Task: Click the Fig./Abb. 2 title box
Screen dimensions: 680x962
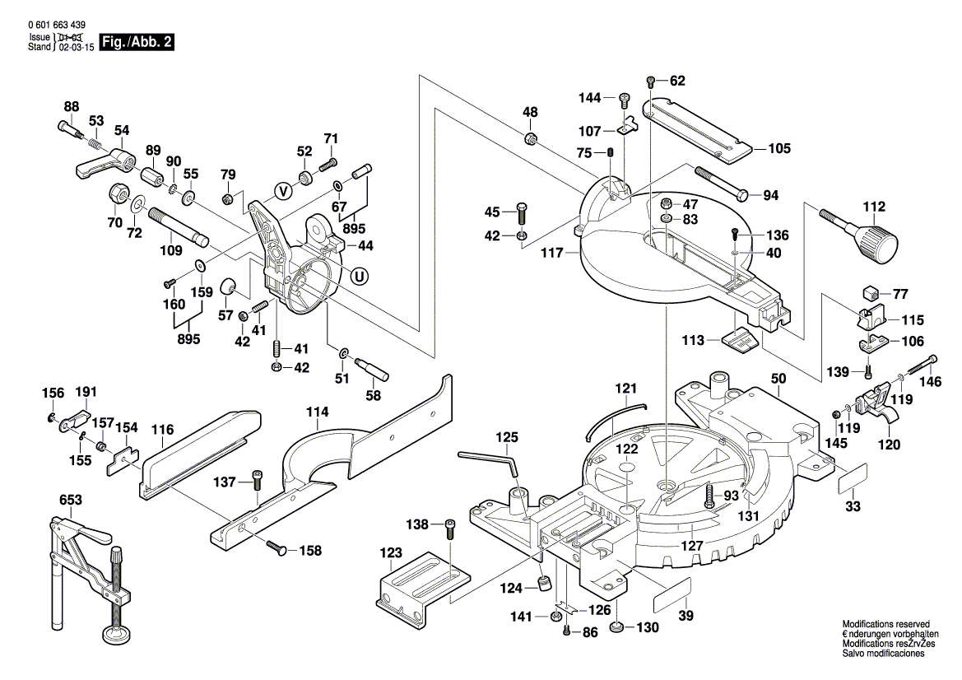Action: point(136,43)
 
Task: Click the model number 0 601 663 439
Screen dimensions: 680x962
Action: point(56,26)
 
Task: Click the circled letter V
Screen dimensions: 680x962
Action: point(284,191)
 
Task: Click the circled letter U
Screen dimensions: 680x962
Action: point(358,277)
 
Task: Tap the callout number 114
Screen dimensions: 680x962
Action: point(318,411)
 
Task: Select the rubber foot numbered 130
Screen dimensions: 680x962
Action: point(616,629)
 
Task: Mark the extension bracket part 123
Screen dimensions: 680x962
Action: point(420,585)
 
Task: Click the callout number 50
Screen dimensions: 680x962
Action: point(778,378)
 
